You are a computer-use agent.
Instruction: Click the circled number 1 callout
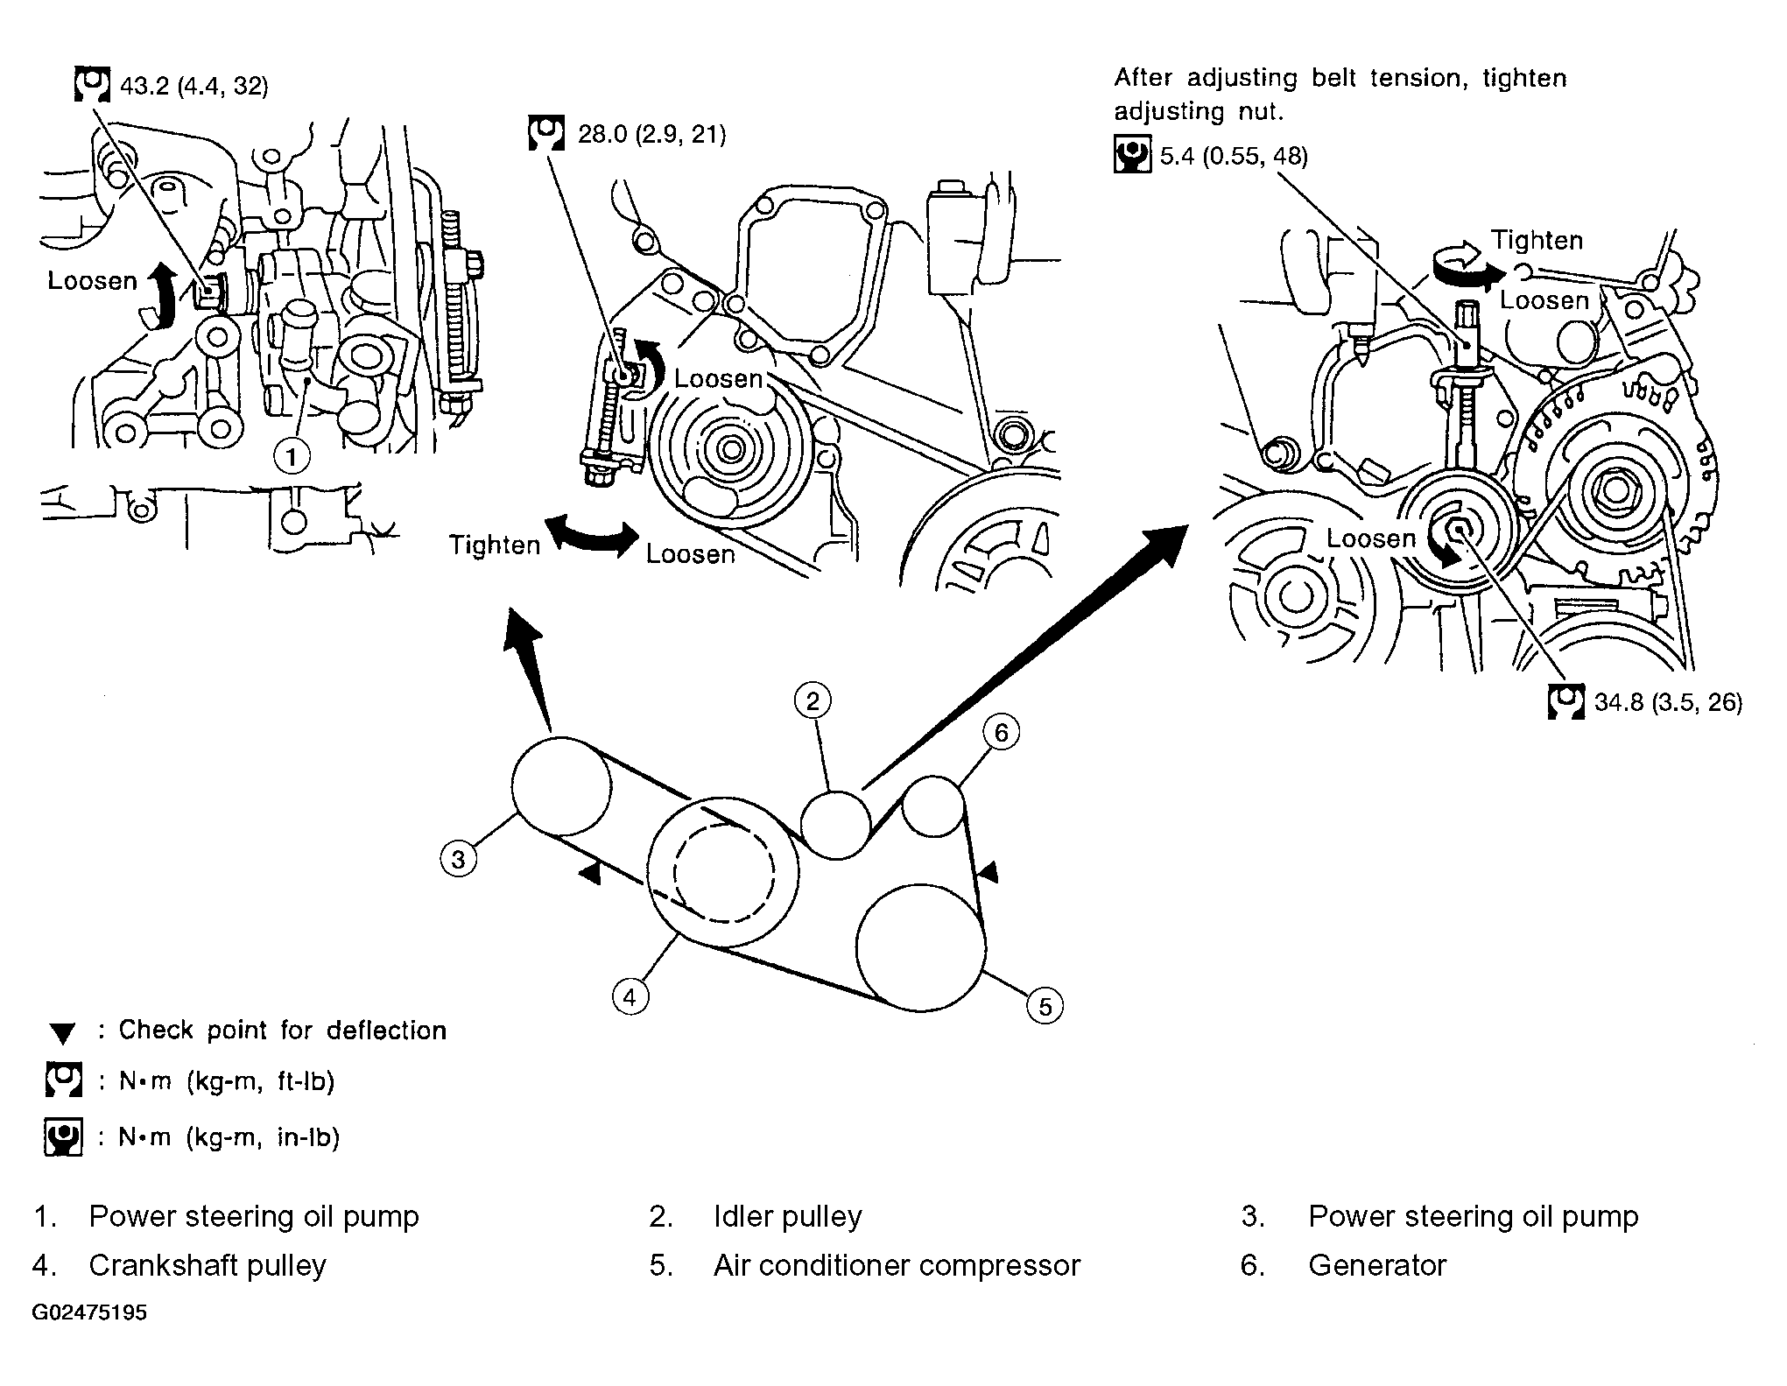click(292, 456)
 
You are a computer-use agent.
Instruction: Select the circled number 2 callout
click(813, 700)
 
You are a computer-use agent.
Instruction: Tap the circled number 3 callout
click(458, 859)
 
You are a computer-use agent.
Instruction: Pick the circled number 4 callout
click(630, 996)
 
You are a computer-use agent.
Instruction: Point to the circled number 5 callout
click(1045, 1006)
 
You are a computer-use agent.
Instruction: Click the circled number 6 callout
click(1001, 732)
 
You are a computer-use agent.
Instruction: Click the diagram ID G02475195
click(90, 1313)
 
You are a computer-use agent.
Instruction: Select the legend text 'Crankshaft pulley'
click(208, 1265)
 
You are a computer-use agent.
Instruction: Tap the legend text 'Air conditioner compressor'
click(897, 1265)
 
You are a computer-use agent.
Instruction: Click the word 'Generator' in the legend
click(1377, 1265)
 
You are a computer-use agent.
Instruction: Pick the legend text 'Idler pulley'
click(788, 1216)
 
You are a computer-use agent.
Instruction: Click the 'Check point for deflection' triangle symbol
click(62, 1034)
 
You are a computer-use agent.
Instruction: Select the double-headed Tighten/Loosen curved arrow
click(592, 537)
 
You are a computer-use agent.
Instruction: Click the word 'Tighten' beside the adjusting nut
click(1537, 240)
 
